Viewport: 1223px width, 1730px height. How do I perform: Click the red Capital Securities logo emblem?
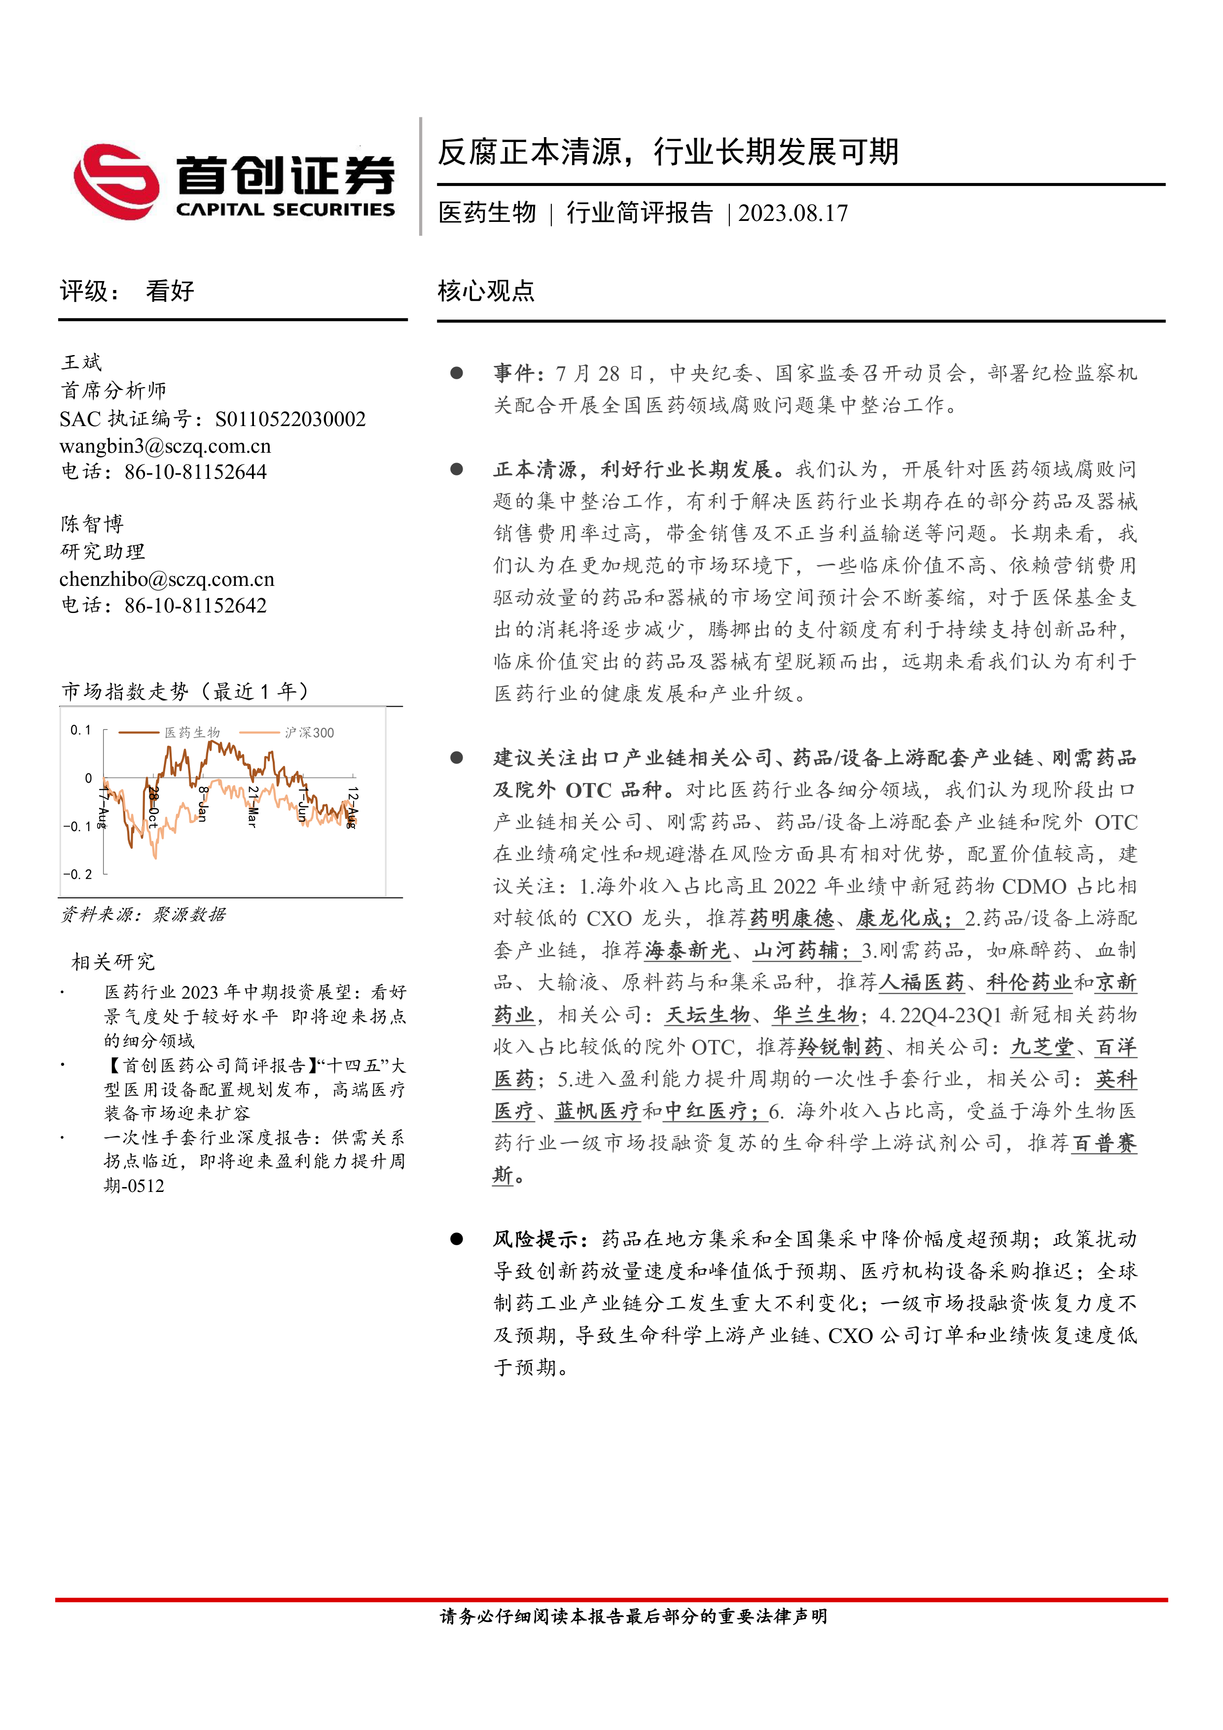point(117,181)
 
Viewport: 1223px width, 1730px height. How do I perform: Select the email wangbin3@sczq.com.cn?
point(165,446)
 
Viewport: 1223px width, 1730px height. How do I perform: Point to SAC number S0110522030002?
point(290,419)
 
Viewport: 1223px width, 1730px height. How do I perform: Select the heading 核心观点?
point(486,291)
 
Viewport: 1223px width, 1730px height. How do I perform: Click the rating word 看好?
point(170,291)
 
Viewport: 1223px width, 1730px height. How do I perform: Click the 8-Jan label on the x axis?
point(203,803)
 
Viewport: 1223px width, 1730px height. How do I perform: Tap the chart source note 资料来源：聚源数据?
point(143,915)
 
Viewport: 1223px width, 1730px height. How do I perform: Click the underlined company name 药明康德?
point(791,918)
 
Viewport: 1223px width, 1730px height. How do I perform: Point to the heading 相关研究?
point(113,962)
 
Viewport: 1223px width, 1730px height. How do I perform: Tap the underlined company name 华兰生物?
point(815,1015)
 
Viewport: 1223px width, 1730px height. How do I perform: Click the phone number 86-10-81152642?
point(195,606)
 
